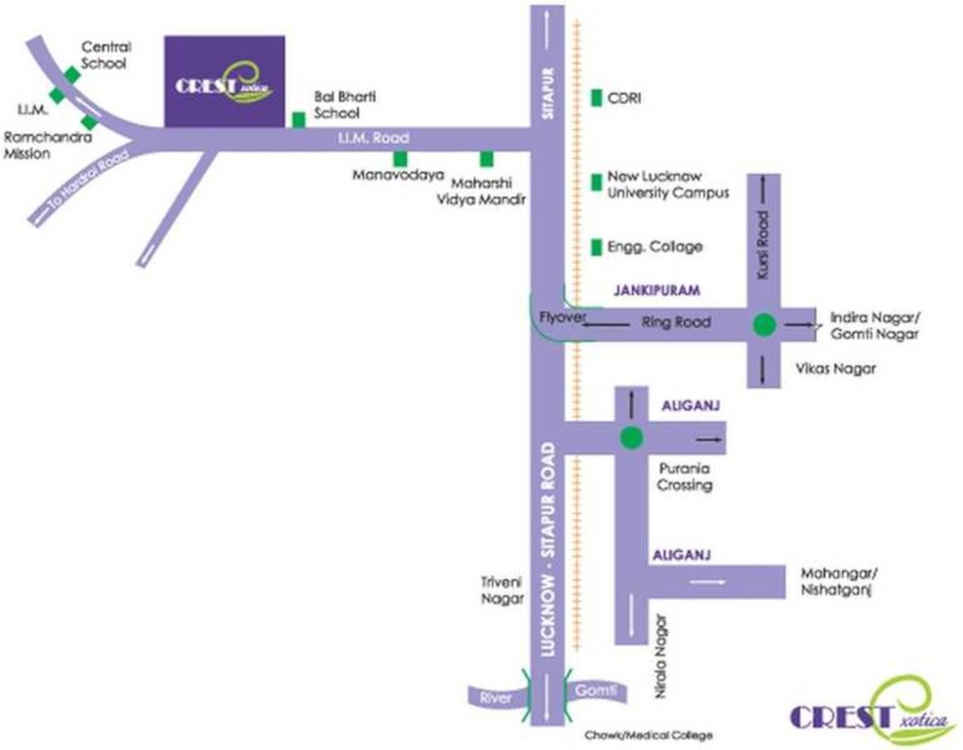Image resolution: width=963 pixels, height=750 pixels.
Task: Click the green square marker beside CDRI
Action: pyautogui.click(x=596, y=97)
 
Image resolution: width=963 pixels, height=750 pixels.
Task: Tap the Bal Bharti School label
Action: pyautogui.click(x=344, y=104)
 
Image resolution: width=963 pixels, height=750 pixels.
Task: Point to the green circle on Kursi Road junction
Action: pyautogui.click(x=764, y=325)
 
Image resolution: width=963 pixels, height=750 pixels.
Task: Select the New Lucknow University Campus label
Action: pyautogui.click(x=668, y=186)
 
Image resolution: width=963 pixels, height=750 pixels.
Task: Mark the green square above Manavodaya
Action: pyautogui.click(x=399, y=158)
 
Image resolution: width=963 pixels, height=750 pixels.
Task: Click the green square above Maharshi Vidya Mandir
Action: pyautogui.click(x=486, y=158)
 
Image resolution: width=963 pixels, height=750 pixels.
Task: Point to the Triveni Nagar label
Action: pyautogui.click(x=502, y=590)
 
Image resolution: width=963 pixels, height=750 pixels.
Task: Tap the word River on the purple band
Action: pyautogui.click(x=490, y=697)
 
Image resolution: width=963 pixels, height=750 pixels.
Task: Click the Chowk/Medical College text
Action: pyautogui.click(x=649, y=734)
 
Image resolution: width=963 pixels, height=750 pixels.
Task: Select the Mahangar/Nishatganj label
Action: pyautogui.click(x=834, y=582)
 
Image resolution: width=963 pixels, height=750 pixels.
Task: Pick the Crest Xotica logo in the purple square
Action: pyautogui.click(x=224, y=82)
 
